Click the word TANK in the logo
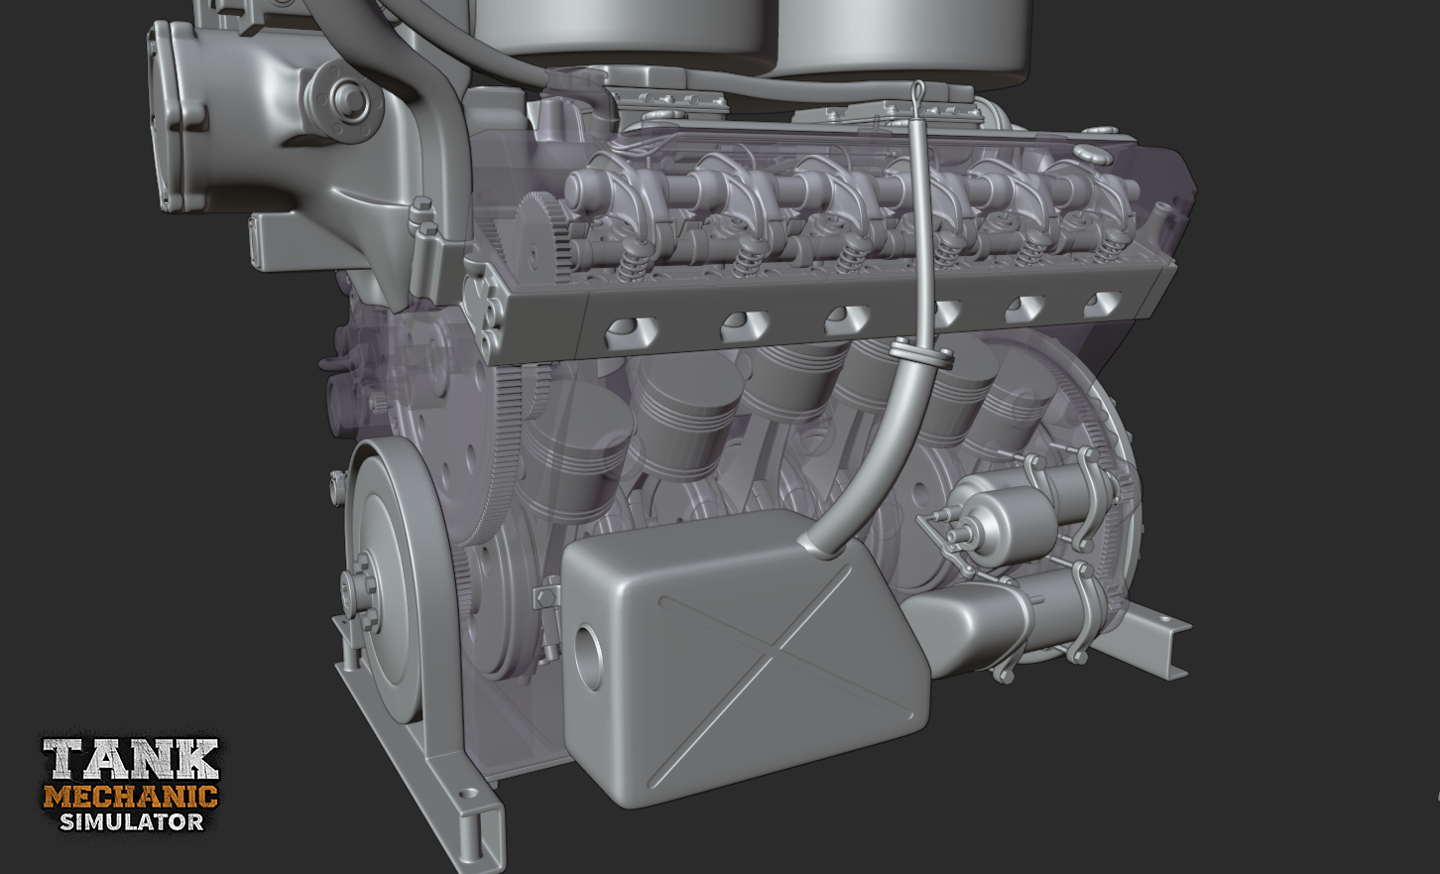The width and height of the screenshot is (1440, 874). [131, 760]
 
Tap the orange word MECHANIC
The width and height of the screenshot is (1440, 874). [131, 798]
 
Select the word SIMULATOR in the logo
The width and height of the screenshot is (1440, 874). [132, 821]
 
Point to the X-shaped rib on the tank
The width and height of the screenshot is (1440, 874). [785, 676]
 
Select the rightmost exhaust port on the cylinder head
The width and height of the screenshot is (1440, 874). [1103, 303]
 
